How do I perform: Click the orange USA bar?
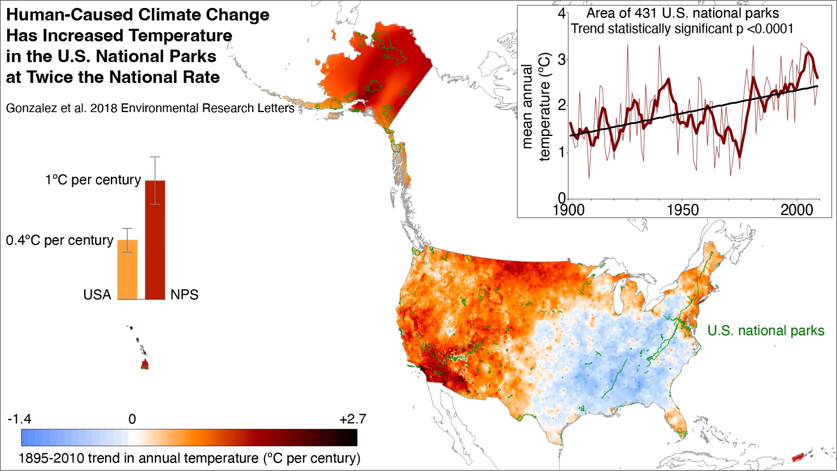127,269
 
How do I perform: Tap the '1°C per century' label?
93,180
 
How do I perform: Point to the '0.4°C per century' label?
59,241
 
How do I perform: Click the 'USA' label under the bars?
97,294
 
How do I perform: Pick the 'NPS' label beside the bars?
184,294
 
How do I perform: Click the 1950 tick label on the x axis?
683,210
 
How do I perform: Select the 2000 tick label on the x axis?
796,210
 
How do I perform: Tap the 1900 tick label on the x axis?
569,210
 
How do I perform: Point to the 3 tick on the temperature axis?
562,59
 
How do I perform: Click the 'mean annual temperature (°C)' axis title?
536,107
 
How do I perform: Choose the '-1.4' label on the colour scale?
19,419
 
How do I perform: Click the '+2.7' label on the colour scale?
353,419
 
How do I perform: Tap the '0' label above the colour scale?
132,419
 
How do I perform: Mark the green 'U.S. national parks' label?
766,330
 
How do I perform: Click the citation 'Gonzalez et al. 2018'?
62,108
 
